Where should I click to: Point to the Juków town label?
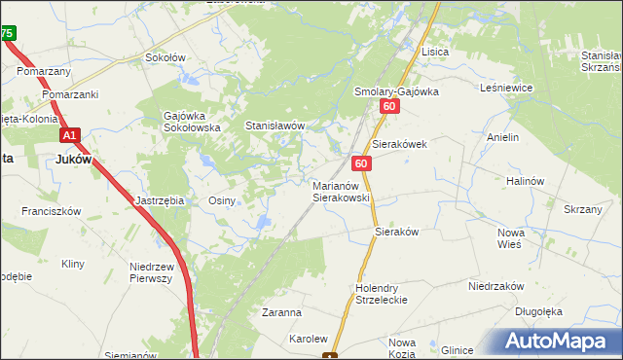74,160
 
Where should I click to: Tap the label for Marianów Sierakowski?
341,191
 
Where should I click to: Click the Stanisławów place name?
275,126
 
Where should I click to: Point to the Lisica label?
433,51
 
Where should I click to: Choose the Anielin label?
503,138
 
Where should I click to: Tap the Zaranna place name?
281,313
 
